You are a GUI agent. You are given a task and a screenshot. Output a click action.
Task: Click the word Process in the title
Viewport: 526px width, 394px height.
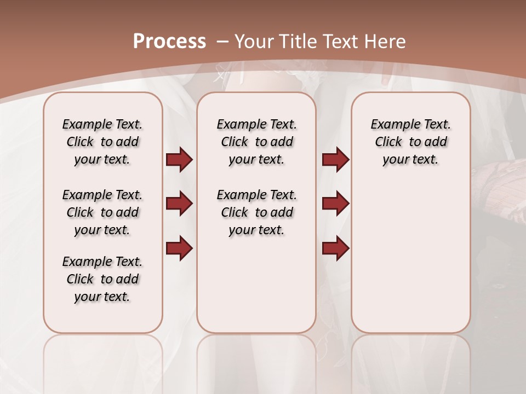(x=169, y=42)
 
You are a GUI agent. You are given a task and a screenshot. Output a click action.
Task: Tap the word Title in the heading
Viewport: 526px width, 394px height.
(x=299, y=42)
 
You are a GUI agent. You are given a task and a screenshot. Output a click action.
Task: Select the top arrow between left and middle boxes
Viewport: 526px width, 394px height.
(x=179, y=159)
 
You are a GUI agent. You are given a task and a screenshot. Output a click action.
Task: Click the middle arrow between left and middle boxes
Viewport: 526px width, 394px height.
(x=179, y=204)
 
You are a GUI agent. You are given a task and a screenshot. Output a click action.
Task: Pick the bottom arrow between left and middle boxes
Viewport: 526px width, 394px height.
(x=179, y=248)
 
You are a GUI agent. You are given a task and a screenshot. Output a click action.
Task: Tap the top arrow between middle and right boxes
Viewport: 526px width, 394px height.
(x=335, y=159)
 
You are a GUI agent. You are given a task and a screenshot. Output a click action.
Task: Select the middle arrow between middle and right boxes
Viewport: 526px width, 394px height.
(x=335, y=204)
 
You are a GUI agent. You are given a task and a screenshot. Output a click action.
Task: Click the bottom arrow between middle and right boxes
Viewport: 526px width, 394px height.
(x=335, y=248)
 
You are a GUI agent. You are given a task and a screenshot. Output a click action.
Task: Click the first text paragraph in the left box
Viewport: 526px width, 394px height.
(x=102, y=142)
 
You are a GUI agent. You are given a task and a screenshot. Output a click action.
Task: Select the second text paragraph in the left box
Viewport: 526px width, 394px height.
(x=102, y=212)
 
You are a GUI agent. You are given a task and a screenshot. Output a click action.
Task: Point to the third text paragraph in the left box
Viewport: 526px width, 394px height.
(x=102, y=279)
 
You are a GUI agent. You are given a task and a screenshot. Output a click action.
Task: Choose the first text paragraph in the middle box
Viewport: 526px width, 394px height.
(x=256, y=142)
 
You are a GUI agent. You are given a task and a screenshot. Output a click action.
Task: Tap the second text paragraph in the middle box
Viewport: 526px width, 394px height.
(x=256, y=212)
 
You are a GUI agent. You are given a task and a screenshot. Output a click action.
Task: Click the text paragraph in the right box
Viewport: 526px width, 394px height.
(x=410, y=142)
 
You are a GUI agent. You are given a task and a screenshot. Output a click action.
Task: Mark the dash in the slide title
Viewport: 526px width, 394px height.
(x=222, y=42)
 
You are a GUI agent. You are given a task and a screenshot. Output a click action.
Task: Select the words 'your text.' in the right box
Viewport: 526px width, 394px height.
(x=410, y=159)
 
